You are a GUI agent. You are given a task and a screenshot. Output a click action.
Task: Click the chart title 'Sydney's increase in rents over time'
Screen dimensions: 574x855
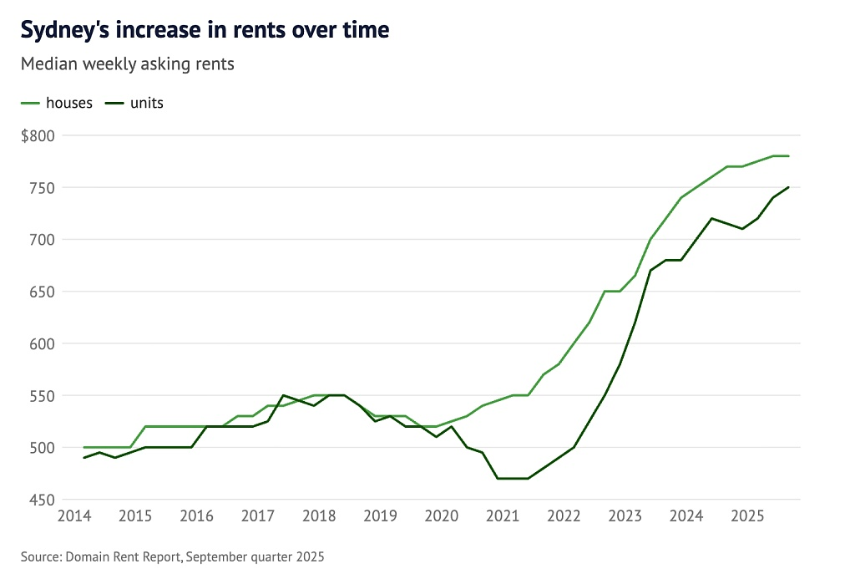point(205,30)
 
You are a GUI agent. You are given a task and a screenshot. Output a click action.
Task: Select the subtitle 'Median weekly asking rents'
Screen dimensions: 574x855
point(127,64)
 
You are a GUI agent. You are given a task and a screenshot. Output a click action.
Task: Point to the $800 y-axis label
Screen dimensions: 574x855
point(38,135)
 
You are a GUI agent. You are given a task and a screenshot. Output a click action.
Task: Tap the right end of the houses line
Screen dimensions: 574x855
point(788,156)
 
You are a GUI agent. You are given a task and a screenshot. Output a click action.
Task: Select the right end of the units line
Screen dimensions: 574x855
point(788,187)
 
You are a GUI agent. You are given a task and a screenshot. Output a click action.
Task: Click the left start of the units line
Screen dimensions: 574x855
point(84,458)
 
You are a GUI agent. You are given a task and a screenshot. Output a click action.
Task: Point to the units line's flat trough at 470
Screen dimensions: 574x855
point(513,479)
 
